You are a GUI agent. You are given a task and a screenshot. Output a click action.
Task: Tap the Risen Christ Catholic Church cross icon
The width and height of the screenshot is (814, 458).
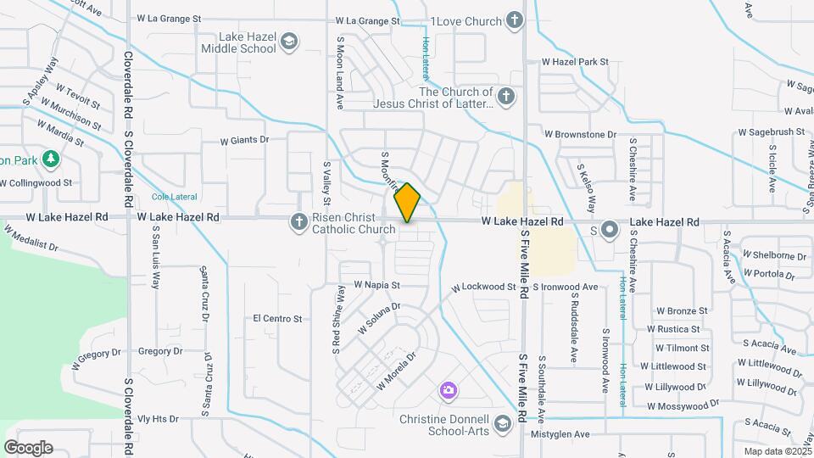[298, 222]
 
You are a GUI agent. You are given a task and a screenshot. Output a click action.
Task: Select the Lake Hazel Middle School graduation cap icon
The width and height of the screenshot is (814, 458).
[290, 42]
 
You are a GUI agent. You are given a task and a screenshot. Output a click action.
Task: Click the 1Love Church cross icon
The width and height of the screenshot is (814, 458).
[514, 20]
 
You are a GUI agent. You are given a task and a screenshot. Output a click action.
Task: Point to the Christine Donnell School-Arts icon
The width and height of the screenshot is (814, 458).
[503, 423]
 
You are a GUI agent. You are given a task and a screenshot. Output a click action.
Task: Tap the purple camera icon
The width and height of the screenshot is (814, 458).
[448, 391]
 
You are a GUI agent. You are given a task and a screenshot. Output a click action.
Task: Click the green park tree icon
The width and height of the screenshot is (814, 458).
[51, 159]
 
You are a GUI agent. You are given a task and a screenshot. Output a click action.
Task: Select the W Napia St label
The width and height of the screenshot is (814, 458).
[376, 286]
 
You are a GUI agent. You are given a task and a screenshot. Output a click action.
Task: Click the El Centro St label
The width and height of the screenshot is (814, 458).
[278, 319]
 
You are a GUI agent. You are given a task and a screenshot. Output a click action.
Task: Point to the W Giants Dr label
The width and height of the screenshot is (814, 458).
[244, 140]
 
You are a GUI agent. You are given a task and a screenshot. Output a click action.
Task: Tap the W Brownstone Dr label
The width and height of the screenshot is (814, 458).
[580, 134]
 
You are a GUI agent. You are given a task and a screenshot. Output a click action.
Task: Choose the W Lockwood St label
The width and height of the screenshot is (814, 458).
[483, 288]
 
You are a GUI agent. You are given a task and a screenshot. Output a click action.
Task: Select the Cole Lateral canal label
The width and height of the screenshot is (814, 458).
[174, 197]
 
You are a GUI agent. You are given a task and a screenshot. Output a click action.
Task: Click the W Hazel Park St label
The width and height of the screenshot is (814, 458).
[576, 62]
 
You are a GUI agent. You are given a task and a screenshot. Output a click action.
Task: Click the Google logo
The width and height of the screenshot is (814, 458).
[28, 448]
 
